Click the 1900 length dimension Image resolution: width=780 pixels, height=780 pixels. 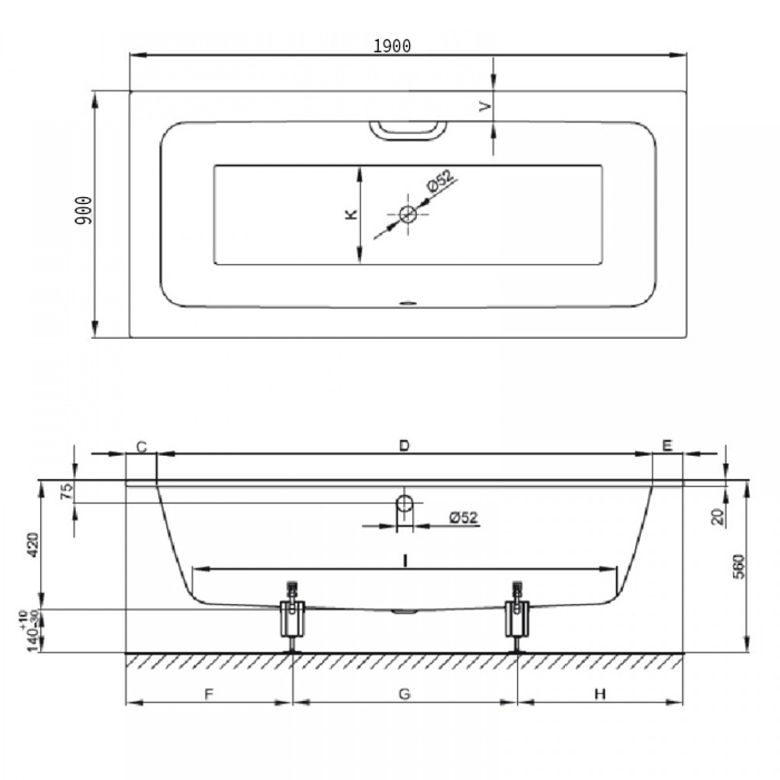point(392,46)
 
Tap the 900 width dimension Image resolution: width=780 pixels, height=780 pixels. point(83,211)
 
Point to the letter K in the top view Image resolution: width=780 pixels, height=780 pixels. point(351,215)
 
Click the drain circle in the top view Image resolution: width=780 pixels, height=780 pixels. point(408,214)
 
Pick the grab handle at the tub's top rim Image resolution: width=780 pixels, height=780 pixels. point(407,130)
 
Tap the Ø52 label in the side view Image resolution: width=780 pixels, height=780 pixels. point(463,518)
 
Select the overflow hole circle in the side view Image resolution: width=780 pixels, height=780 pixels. point(404,502)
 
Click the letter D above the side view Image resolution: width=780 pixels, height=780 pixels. point(404,445)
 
